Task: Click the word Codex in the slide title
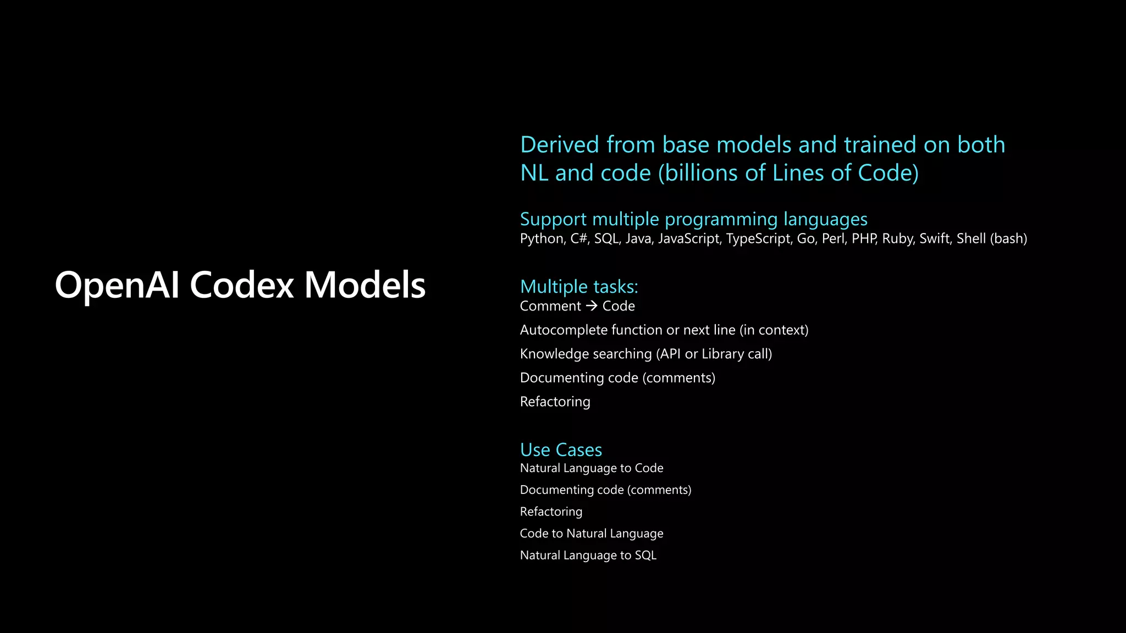click(x=242, y=285)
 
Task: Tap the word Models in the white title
click(x=365, y=285)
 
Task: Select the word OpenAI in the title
click(x=117, y=285)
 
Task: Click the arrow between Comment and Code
click(x=592, y=306)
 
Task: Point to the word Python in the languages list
click(x=542, y=239)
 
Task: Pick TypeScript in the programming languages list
click(x=758, y=239)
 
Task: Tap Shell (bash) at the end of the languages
click(x=992, y=239)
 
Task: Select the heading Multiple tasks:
click(x=579, y=287)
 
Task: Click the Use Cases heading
click(x=561, y=450)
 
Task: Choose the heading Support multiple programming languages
click(x=693, y=220)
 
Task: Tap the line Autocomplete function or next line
click(x=664, y=330)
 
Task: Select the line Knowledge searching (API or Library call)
click(x=645, y=354)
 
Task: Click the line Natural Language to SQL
click(x=588, y=556)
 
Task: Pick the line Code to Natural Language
click(x=591, y=534)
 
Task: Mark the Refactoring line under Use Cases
click(x=551, y=512)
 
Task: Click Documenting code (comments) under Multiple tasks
click(x=617, y=378)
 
